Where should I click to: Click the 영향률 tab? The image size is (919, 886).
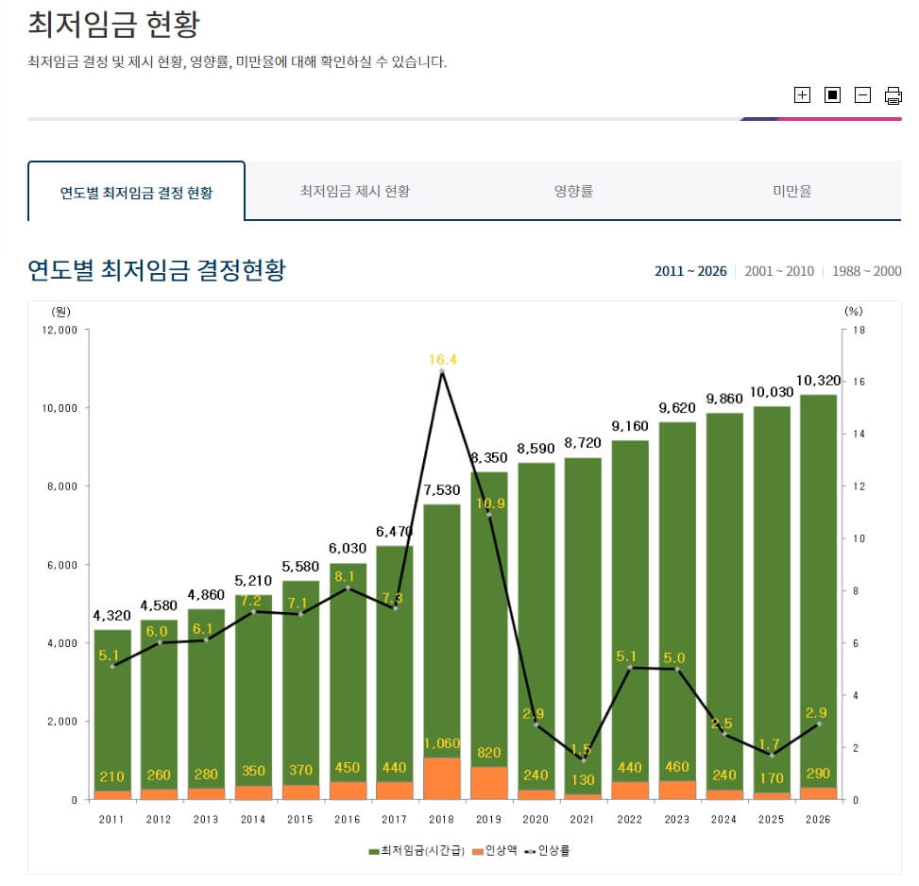[x=573, y=191]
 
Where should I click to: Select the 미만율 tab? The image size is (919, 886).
[x=791, y=191]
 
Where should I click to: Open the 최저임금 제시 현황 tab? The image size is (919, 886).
[x=355, y=191]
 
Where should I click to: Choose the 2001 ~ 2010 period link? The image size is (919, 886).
[x=778, y=271]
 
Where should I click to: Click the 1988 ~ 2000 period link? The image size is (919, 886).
[x=866, y=271]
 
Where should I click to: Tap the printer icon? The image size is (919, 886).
[x=893, y=94]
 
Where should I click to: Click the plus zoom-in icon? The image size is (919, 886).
[x=802, y=94]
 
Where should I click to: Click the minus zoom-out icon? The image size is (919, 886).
[x=862, y=94]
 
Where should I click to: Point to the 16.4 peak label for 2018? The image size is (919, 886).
[x=442, y=360]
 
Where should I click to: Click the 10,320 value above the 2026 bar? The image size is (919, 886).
[x=818, y=381]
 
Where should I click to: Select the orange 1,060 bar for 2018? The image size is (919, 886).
[x=442, y=778]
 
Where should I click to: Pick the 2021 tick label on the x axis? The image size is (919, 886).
[x=583, y=819]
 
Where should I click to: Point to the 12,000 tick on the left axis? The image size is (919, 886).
[x=60, y=330]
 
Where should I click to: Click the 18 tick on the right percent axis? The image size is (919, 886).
[x=858, y=330]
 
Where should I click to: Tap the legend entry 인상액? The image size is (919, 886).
[x=497, y=851]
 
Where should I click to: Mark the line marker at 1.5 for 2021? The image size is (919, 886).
[x=583, y=760]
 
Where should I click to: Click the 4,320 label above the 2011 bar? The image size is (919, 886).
[x=112, y=616]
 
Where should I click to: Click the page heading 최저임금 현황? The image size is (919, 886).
[x=113, y=25]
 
